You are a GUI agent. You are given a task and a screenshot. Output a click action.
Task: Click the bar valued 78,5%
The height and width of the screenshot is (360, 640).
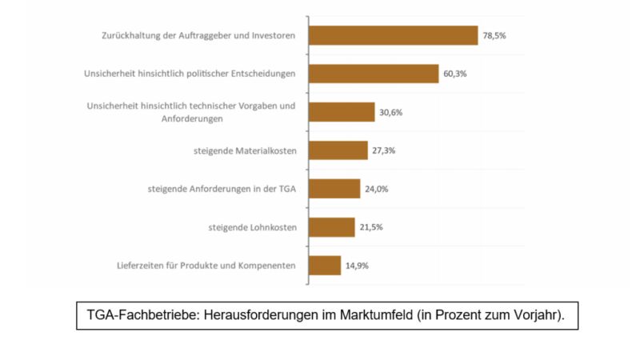393,35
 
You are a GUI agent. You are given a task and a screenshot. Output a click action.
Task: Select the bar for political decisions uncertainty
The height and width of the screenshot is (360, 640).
374,74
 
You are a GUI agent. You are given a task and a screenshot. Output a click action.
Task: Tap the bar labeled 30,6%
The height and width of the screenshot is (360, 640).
342,112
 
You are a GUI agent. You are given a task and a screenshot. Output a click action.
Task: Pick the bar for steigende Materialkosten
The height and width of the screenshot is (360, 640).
338,150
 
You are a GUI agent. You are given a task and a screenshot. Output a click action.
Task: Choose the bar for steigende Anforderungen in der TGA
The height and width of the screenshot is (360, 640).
334,189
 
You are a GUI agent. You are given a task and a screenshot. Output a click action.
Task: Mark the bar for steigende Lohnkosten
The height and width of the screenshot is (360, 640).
332,227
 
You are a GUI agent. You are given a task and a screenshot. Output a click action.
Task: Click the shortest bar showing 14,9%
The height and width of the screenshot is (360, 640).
325,266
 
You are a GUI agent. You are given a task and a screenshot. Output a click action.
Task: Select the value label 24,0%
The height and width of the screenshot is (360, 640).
378,189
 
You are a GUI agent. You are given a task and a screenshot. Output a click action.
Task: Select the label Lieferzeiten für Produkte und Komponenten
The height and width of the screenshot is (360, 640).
206,266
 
